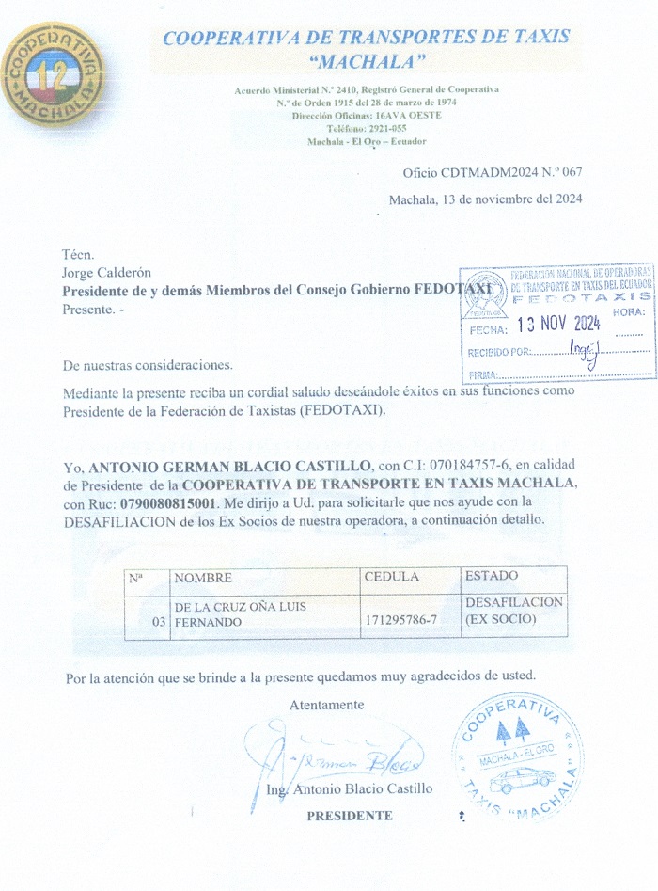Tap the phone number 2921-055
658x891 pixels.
[385, 128]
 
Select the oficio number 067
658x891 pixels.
[572, 172]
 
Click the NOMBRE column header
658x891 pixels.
[203, 578]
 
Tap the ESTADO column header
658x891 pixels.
[491, 576]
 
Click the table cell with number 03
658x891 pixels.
[158, 622]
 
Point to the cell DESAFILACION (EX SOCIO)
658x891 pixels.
[513, 611]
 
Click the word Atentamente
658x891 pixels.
[326, 705]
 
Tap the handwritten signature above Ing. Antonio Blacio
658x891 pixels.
[338, 753]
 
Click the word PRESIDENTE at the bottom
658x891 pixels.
[350, 816]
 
